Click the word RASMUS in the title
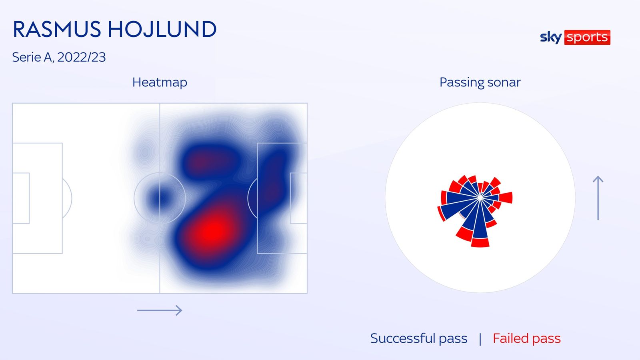click(x=56, y=30)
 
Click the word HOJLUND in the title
click(x=162, y=30)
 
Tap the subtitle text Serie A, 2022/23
click(x=59, y=57)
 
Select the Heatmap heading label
click(x=160, y=82)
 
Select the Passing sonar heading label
click(x=480, y=82)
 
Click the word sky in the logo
click(x=550, y=37)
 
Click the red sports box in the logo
click(x=587, y=37)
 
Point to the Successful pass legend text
click(x=418, y=338)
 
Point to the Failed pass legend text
click(x=526, y=338)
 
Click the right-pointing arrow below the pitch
click(x=160, y=310)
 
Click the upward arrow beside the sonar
click(x=598, y=198)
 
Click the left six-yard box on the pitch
click(x=21, y=198)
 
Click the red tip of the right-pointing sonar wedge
click(x=506, y=198)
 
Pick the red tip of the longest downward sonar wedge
click(x=480, y=242)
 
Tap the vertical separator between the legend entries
click(x=480, y=339)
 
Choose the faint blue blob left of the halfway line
click(x=144, y=152)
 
